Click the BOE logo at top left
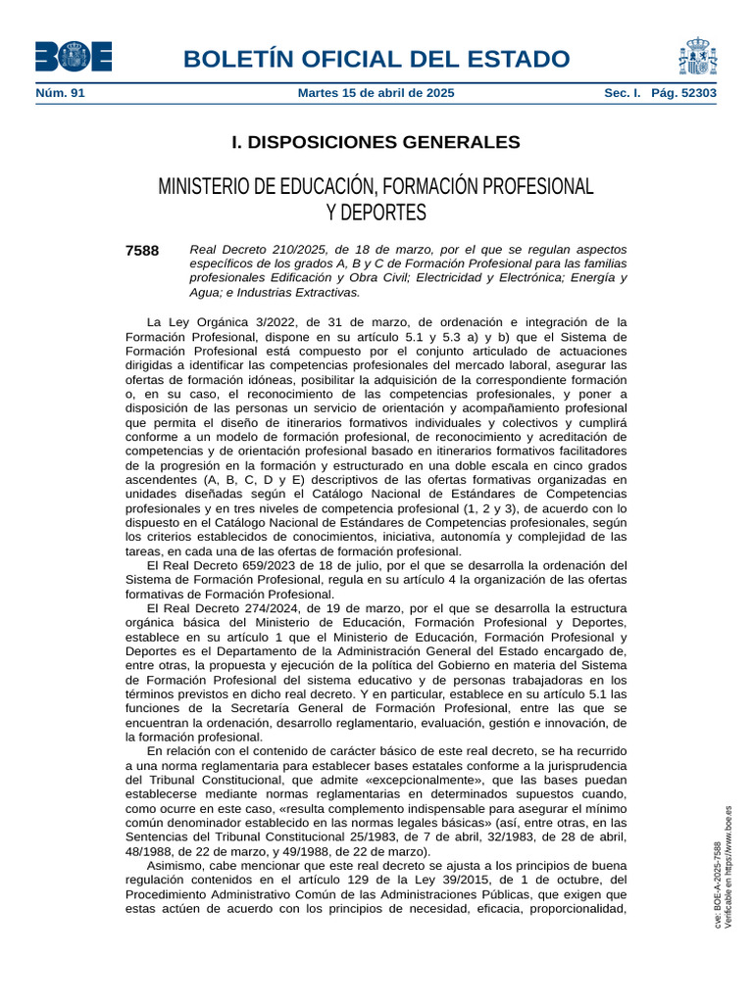(74, 56)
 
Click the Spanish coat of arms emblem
(696, 56)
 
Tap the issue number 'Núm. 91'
(60, 93)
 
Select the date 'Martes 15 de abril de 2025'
(376, 93)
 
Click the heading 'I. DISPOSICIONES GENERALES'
(376, 143)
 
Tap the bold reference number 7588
(142, 251)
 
